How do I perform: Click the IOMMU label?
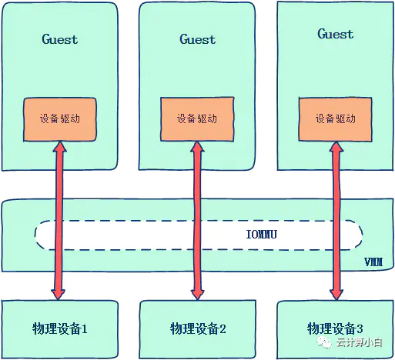tap(261, 235)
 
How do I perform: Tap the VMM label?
tap(373, 262)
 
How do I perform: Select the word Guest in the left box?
tap(59, 39)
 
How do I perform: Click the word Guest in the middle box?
tap(197, 39)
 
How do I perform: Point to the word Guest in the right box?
tap(335, 34)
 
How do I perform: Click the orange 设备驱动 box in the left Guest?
tap(60, 119)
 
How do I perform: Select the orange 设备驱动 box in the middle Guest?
tap(197, 119)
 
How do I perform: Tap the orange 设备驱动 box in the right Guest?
tap(335, 119)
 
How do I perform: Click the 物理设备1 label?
tap(59, 328)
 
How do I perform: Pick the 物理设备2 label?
tap(198, 328)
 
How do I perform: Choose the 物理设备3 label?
tap(335, 328)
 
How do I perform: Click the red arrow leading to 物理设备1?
tap(59, 221)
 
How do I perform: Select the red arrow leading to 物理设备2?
tap(197, 221)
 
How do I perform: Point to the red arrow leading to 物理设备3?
tap(336, 221)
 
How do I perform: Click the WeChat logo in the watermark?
tap(324, 342)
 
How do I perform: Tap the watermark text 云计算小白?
tap(360, 342)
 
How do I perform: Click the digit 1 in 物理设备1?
tap(84, 328)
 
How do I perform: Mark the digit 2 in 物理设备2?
tap(223, 328)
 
